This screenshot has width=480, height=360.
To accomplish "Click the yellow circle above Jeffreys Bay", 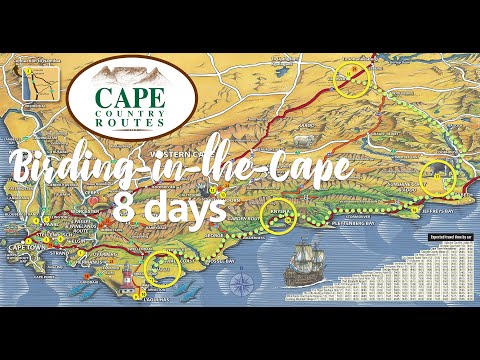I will pyautogui.click(x=437, y=177).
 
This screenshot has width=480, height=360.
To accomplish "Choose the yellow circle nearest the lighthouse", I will pyautogui.click(x=161, y=267).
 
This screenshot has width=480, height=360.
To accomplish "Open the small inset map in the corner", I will pyautogui.click(x=32, y=81).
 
